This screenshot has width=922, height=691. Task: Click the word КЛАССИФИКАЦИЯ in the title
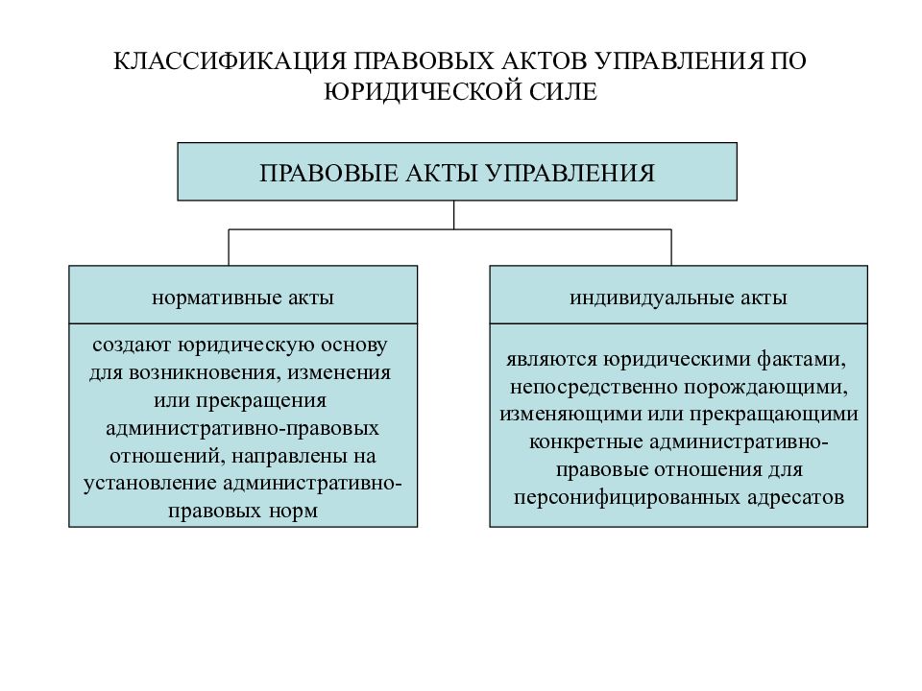pos(229,61)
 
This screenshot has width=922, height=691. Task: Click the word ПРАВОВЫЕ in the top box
pos(328,174)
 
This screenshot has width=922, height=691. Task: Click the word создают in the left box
pos(132,345)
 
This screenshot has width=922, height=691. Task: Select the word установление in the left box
pos(150,484)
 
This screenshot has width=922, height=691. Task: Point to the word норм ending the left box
pos(293,512)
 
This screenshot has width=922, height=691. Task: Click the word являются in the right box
pos(551,359)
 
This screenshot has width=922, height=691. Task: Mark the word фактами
pos(801,359)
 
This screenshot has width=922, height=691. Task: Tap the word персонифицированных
pos(626,498)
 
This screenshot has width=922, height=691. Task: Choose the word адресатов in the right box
pos(796,498)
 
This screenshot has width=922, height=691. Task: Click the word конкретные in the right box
pos(586,442)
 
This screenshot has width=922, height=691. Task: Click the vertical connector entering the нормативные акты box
pos(229,248)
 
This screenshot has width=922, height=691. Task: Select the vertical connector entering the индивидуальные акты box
pos(671,248)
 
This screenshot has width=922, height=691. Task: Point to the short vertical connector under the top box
pos(454,215)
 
